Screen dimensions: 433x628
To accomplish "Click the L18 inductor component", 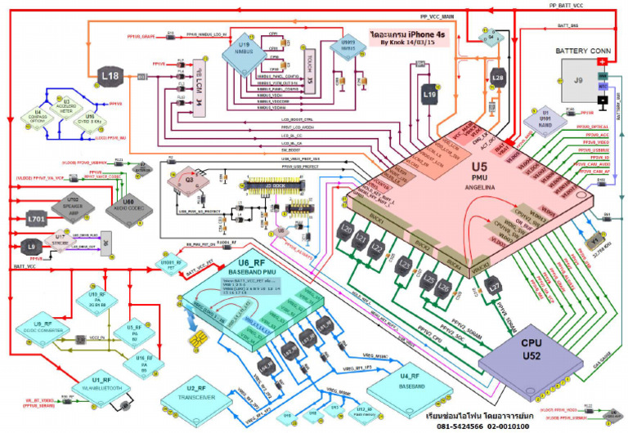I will tap(112, 78).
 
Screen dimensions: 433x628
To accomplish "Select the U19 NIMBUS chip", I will tap(245, 53).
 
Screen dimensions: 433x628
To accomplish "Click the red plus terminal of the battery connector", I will tap(602, 60).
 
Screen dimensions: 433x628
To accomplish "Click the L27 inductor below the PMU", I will tap(492, 288).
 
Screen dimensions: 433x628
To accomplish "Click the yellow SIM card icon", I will tap(196, 339).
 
